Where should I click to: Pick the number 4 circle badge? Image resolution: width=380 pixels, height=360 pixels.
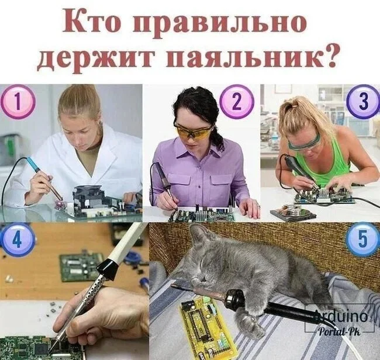(x=18, y=240)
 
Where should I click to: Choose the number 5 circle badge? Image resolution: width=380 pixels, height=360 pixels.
(x=362, y=240)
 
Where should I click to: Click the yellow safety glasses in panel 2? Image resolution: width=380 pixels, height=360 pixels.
(x=193, y=131)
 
